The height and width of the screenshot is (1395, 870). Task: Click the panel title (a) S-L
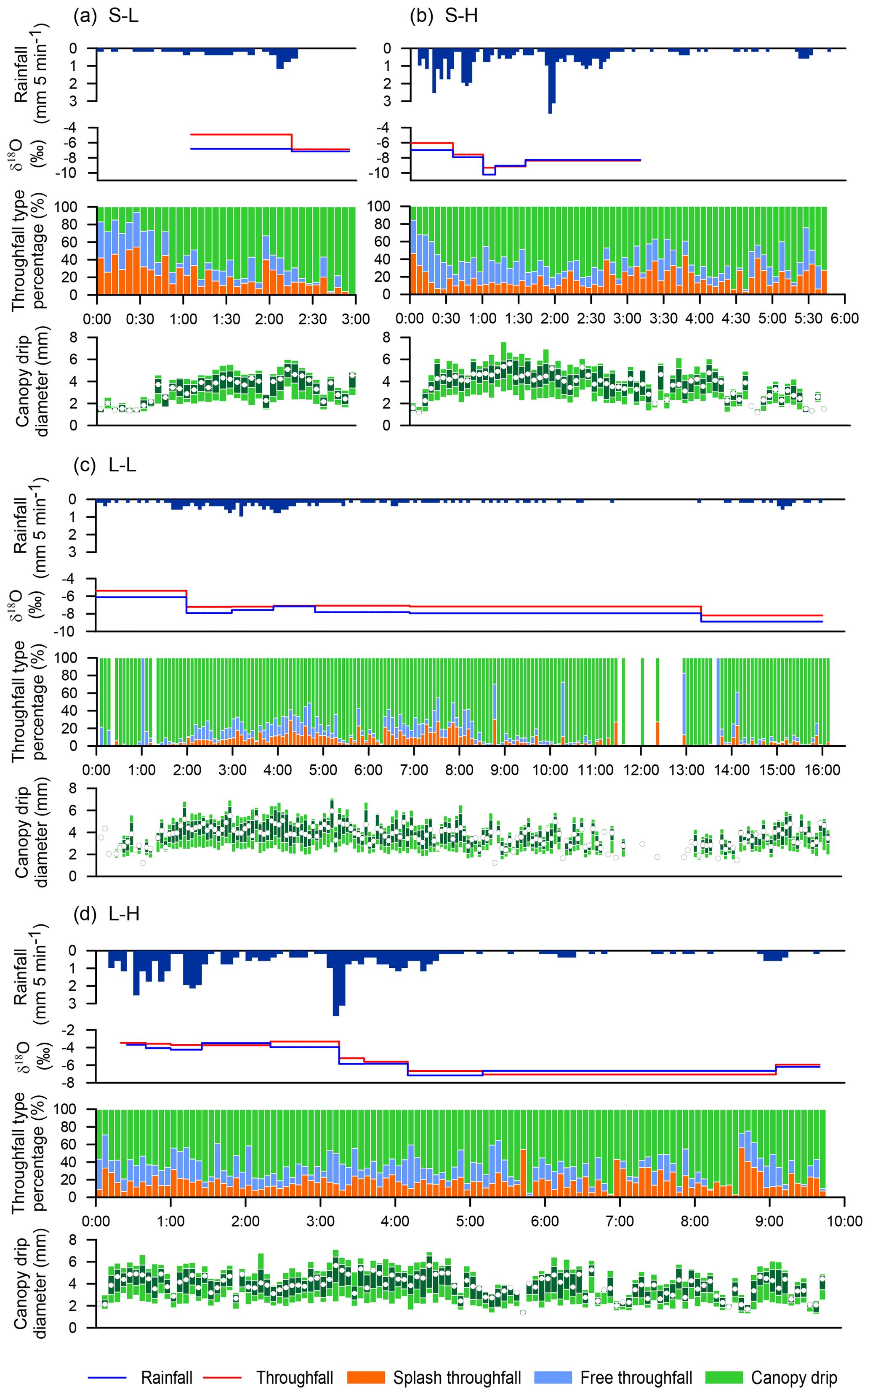(106, 16)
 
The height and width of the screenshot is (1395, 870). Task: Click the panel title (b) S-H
(444, 16)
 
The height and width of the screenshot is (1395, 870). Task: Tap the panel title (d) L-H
(106, 913)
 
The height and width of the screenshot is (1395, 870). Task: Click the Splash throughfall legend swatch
(366, 1377)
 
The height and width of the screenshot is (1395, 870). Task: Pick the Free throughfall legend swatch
(553, 1377)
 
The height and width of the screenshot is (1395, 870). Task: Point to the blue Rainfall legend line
(107, 1378)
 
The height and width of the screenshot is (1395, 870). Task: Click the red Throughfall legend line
(222, 1378)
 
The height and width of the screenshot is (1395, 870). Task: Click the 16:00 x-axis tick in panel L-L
(822, 769)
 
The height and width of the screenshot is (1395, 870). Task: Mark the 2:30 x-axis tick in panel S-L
(312, 318)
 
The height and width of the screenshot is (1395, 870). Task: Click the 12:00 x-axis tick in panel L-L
(641, 769)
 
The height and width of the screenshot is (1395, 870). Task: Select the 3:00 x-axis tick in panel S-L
(356, 318)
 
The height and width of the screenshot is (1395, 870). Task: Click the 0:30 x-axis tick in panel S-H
(446, 318)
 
